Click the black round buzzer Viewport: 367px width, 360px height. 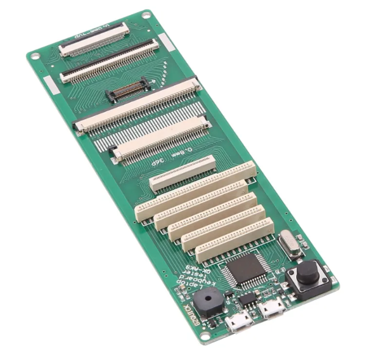coord(209,301)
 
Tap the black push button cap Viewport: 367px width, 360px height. coord(307,272)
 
